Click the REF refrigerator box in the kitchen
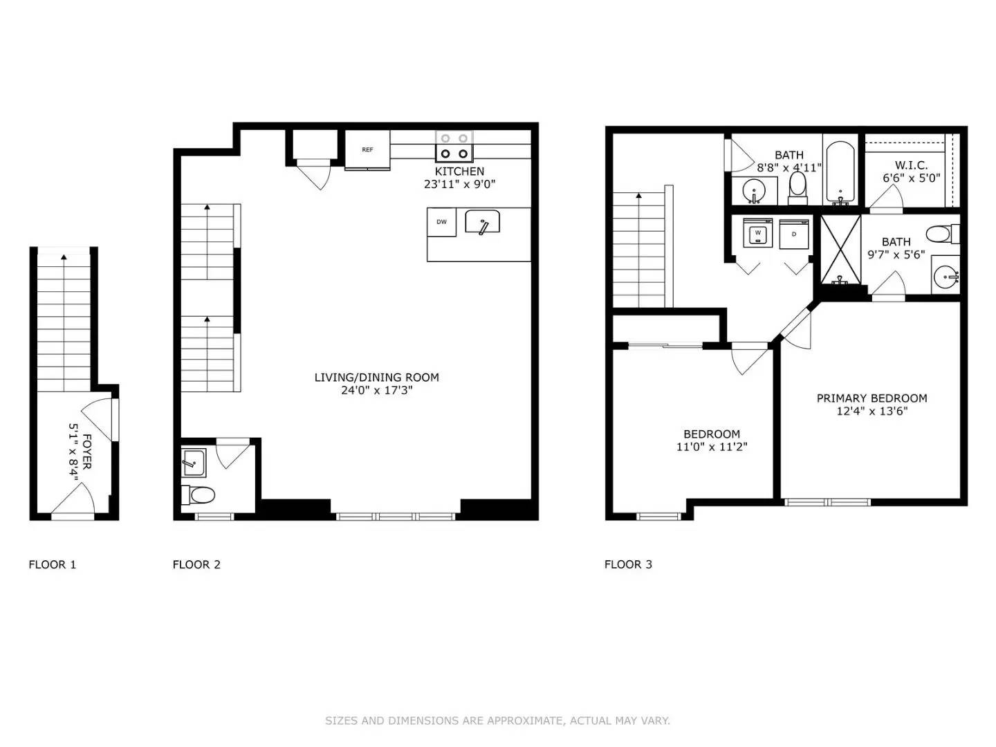click(367, 149)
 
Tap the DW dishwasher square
click(441, 222)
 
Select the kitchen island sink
click(483, 223)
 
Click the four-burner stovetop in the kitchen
click(454, 147)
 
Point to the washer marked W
click(758, 233)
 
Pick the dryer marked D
click(794, 234)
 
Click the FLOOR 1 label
click(53, 564)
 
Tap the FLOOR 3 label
click(628, 564)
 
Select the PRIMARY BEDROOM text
click(871, 398)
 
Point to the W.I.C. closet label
click(911, 165)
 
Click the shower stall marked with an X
click(840, 249)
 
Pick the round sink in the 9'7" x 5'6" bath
click(946, 277)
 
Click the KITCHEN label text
click(459, 172)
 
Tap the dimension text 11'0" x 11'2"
click(712, 448)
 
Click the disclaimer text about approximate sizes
click(497, 721)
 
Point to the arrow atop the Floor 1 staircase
click(64, 257)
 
